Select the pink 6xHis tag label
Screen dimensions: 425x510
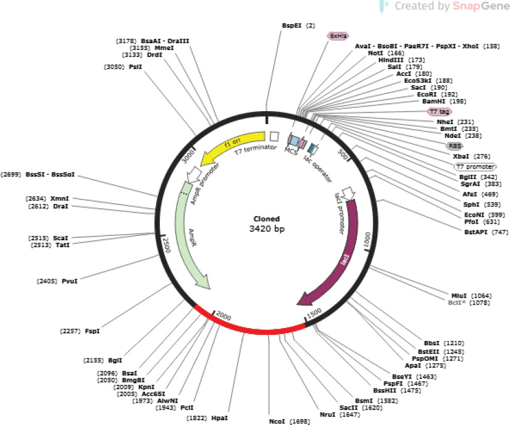[x=337, y=36]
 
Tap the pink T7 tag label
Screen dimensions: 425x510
[x=439, y=112]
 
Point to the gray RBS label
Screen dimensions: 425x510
[x=454, y=146]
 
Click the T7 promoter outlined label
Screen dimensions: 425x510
[x=475, y=167]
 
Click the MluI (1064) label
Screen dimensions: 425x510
[x=472, y=295]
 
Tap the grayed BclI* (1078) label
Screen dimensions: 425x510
[x=472, y=303]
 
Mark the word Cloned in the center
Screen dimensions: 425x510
[x=267, y=219]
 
